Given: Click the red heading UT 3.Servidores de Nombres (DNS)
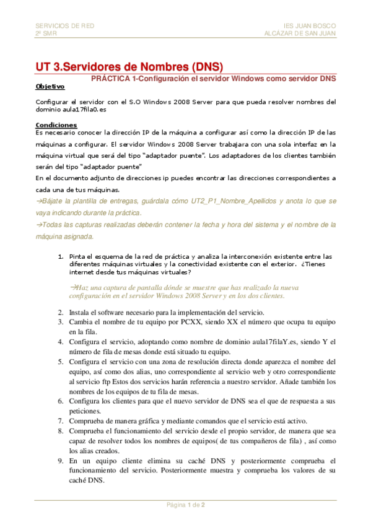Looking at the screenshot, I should click(x=128, y=67).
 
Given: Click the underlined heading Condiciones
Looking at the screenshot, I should click(x=56, y=125).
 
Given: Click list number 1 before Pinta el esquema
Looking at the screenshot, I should click(x=61, y=256).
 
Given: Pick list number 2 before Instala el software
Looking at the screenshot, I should click(x=61, y=312).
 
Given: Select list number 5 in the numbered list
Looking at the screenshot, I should click(x=61, y=361).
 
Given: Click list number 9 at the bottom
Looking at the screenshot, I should click(x=61, y=461).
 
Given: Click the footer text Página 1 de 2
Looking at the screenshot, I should click(x=186, y=505).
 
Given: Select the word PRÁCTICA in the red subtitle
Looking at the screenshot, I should click(x=110, y=79).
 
